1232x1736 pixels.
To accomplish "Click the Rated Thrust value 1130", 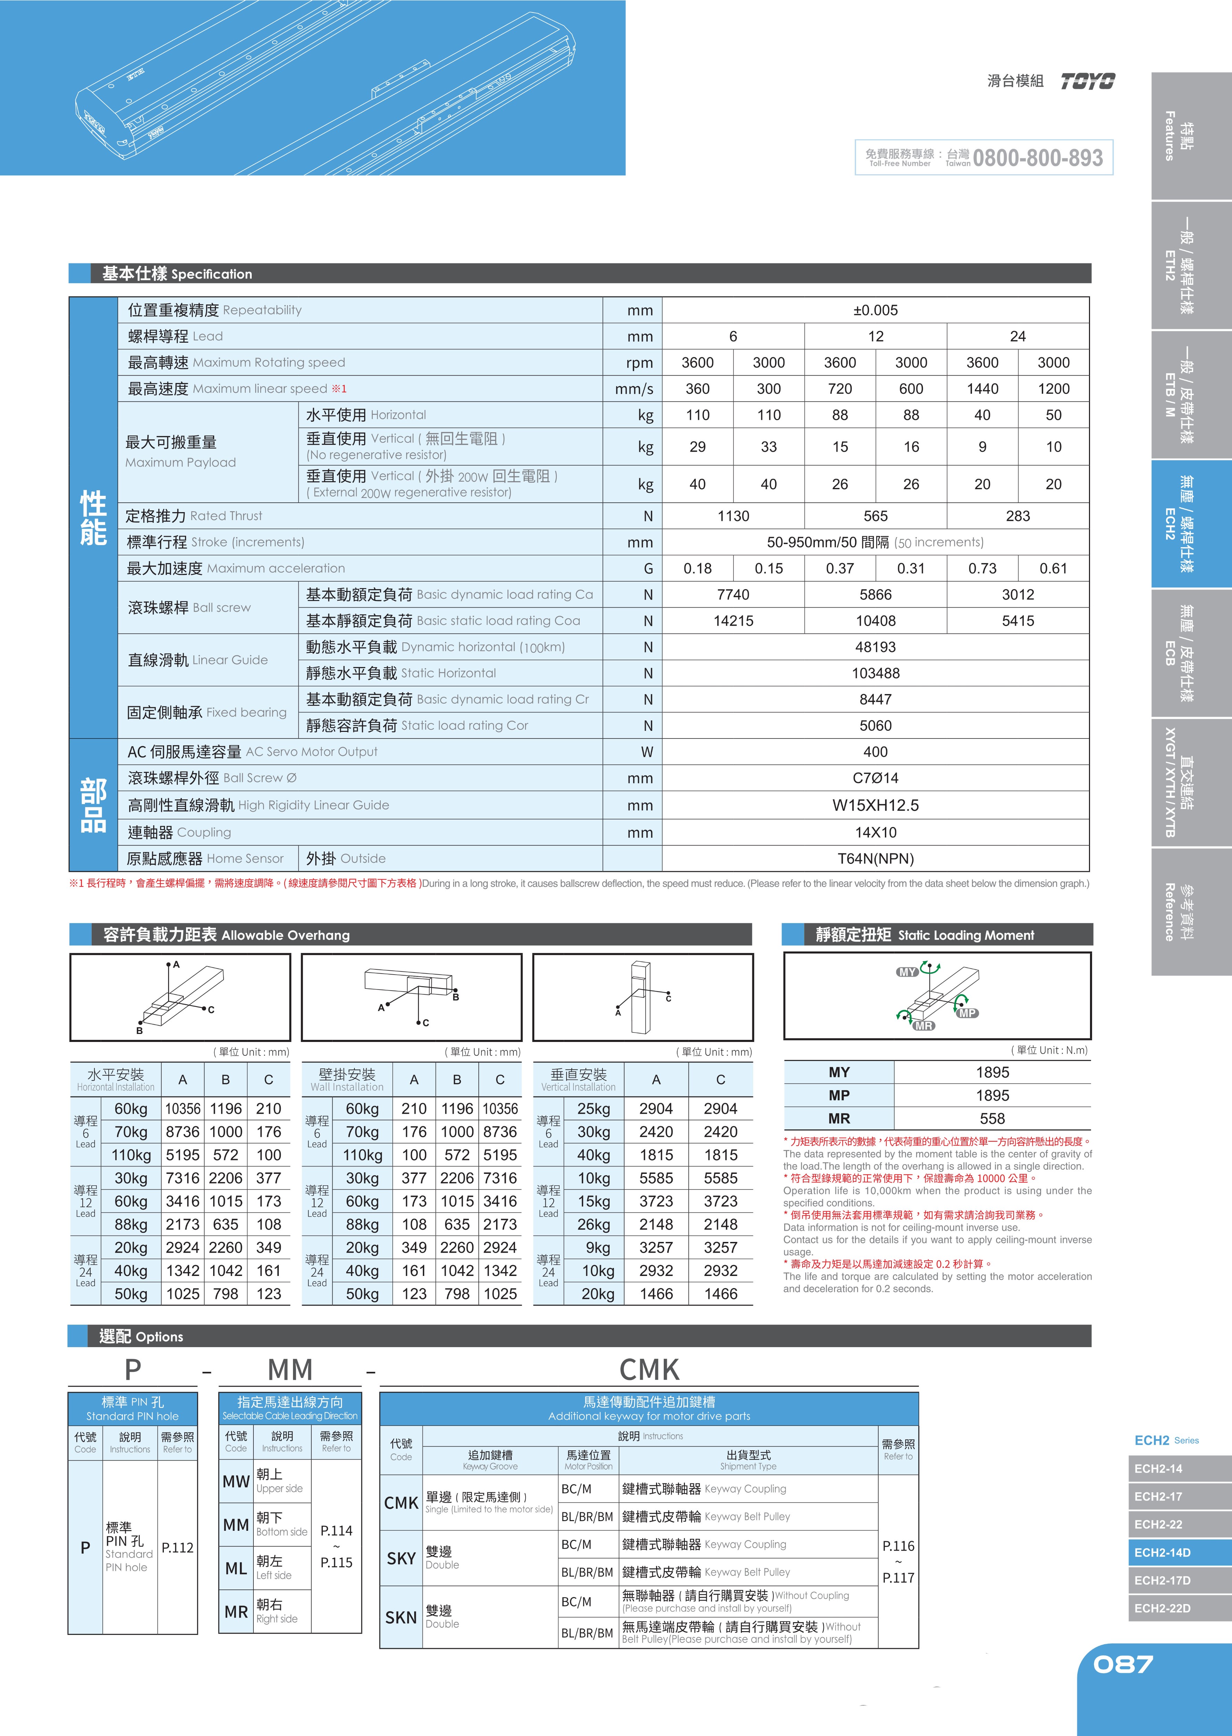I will (733, 516).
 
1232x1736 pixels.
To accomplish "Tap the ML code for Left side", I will (236, 1568).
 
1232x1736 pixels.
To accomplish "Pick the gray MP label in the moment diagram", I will (967, 1013).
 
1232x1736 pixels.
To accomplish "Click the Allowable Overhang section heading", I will (226, 935).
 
